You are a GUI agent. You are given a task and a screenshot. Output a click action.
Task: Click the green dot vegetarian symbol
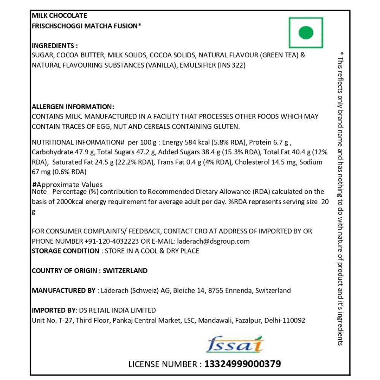tap(306, 33)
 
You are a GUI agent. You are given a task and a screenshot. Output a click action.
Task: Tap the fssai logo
tap(236, 344)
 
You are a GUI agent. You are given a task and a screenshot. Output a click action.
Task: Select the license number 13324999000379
tap(243, 364)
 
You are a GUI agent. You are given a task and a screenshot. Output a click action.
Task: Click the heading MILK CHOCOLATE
tap(59, 16)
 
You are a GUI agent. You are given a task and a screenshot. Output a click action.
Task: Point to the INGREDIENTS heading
tap(55, 46)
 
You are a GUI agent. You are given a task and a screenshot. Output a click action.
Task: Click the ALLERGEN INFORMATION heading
tap(73, 107)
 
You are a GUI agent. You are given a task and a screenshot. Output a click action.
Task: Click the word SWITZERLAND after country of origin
tap(125, 271)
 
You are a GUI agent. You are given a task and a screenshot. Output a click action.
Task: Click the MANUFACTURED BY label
tap(63, 291)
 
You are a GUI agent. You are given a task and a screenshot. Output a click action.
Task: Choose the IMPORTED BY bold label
tap(54, 310)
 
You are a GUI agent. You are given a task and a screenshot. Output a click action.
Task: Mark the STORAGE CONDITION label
tap(65, 251)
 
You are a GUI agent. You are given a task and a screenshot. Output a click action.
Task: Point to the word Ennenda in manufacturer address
tap(238, 291)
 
